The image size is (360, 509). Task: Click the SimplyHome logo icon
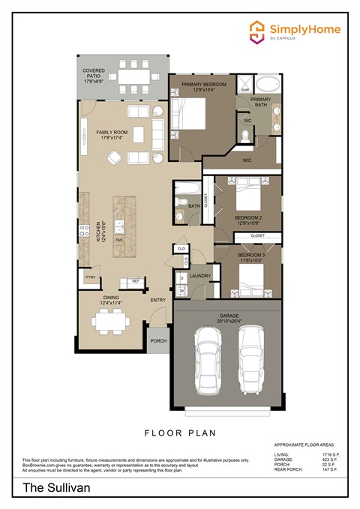point(258,31)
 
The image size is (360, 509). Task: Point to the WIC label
point(247,160)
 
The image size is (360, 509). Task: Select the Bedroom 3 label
point(250,256)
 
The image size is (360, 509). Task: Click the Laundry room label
point(199,276)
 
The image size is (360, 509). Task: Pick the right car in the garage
point(252,361)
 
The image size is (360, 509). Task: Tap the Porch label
point(158,340)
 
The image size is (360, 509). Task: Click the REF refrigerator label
point(136,281)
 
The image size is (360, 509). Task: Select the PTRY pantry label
point(89,277)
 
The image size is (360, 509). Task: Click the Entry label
point(158,300)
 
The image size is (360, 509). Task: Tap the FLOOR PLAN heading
point(180,432)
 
